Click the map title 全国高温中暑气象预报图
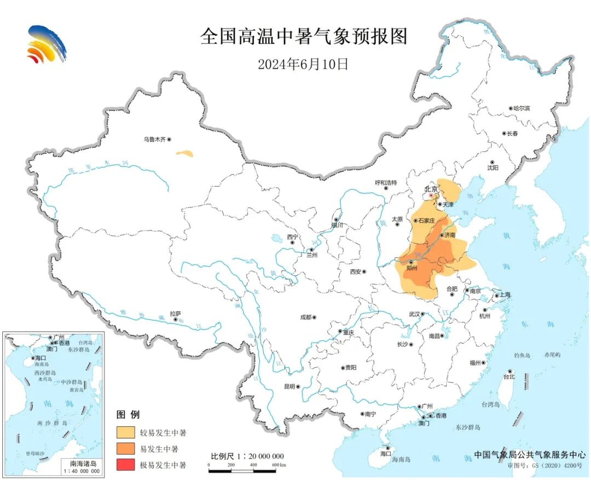tap(304, 37)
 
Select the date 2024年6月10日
tap(303, 64)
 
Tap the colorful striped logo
tap(47, 43)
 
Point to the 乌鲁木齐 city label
tap(154, 140)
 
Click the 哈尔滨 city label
tap(521, 108)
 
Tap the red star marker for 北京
tap(431, 195)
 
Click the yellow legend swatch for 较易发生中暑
tap(126, 433)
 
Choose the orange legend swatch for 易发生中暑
tap(126, 449)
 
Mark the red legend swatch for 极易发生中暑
tap(126, 465)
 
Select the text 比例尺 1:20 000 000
tap(247, 456)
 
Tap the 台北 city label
tap(509, 377)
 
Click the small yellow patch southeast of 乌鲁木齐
tap(184, 154)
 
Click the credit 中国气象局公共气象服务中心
tap(530, 454)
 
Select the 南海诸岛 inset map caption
tap(81, 463)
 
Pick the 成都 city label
tap(305, 317)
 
